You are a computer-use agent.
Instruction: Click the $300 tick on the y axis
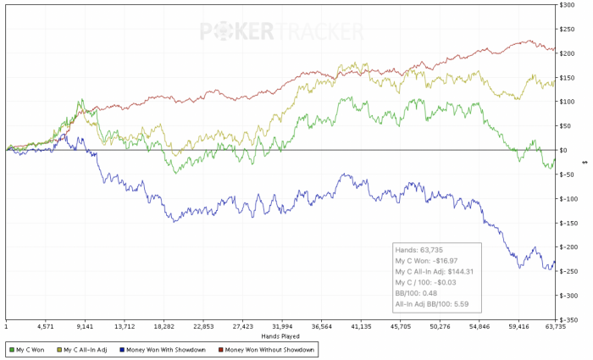click(x=574, y=5)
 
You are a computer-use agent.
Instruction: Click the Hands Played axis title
click(x=280, y=335)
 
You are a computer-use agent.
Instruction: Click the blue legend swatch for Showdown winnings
click(x=121, y=349)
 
